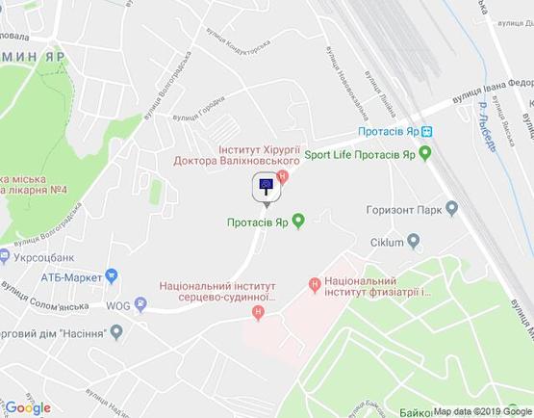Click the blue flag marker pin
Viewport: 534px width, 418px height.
266,187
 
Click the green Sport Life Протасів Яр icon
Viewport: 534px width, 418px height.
425,153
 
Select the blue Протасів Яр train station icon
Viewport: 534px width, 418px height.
426,132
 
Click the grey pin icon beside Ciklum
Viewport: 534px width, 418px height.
414,241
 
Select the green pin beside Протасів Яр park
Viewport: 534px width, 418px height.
298,222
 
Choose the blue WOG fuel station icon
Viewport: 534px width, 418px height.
141,306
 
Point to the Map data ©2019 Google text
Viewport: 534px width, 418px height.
481,410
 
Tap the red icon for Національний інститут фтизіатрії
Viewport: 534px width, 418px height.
314,284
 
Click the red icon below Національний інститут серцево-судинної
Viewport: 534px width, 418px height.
257,313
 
